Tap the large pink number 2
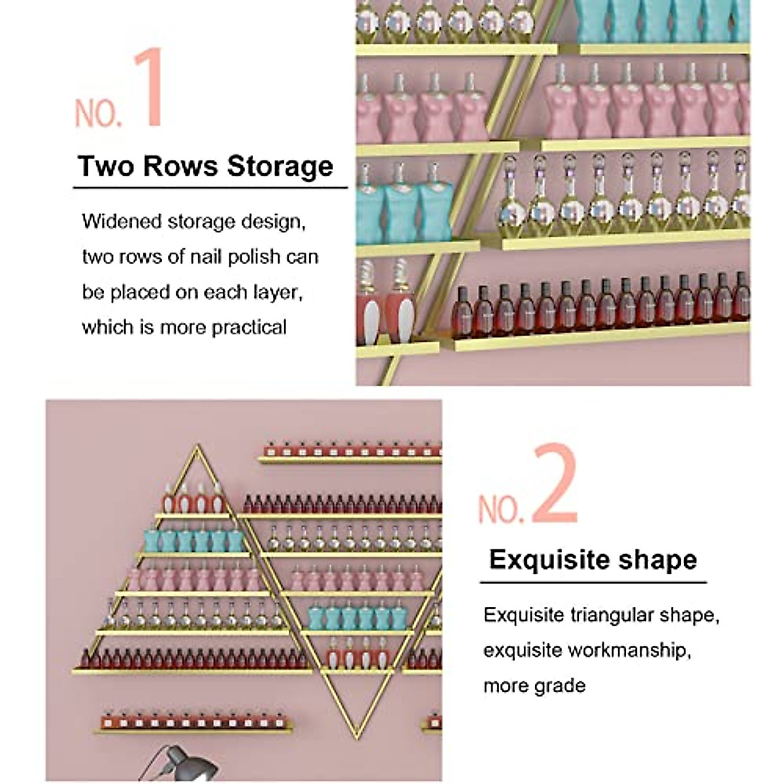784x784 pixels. click(555, 484)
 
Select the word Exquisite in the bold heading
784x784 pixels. click(547, 560)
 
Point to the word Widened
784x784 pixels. click(122, 221)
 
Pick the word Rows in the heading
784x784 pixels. click(179, 166)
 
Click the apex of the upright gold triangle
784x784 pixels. click(198, 447)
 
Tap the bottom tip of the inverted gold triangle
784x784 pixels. click(357, 738)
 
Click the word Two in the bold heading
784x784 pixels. click(106, 166)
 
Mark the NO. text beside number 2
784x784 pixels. click(501, 510)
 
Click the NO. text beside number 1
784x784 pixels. click(98, 113)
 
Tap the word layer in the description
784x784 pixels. click(277, 292)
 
